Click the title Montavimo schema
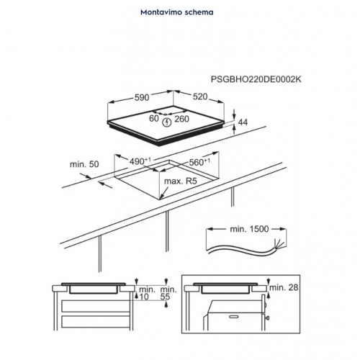(177, 12)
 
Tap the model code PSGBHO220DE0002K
(256, 79)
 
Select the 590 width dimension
(142, 97)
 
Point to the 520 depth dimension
(200, 96)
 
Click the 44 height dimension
(243, 122)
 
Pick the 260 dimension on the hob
(181, 119)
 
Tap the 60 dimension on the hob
(154, 118)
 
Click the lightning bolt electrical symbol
(166, 122)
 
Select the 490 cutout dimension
(140, 161)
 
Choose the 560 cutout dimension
(199, 162)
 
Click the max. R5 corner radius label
(181, 181)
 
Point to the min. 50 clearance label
(84, 164)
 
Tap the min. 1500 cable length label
(249, 229)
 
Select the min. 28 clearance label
(284, 287)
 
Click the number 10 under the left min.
(144, 297)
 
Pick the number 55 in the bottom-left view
(165, 297)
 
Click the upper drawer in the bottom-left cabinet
(96, 306)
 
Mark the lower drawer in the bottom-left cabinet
(96, 322)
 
